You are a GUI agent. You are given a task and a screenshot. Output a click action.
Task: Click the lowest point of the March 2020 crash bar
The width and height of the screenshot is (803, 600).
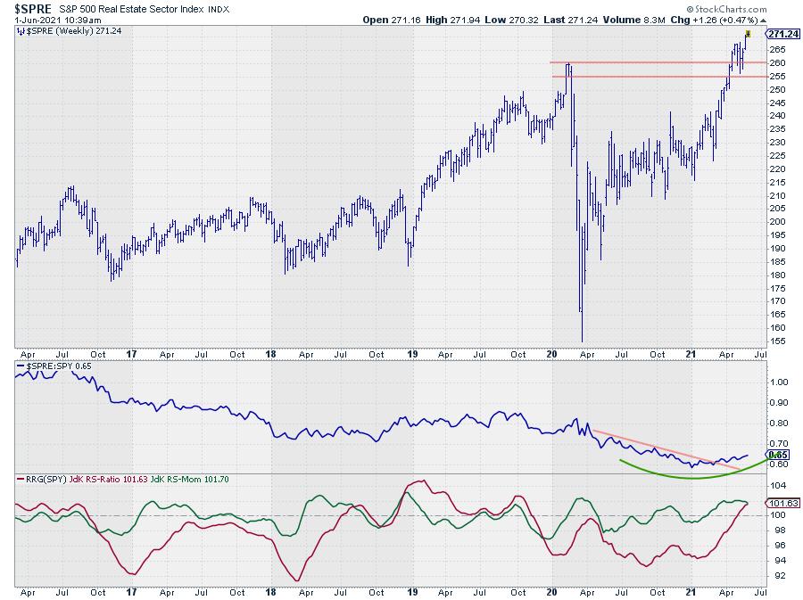tap(582, 341)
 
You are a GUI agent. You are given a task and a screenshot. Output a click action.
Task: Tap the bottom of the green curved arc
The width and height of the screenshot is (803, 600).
tap(691, 479)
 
